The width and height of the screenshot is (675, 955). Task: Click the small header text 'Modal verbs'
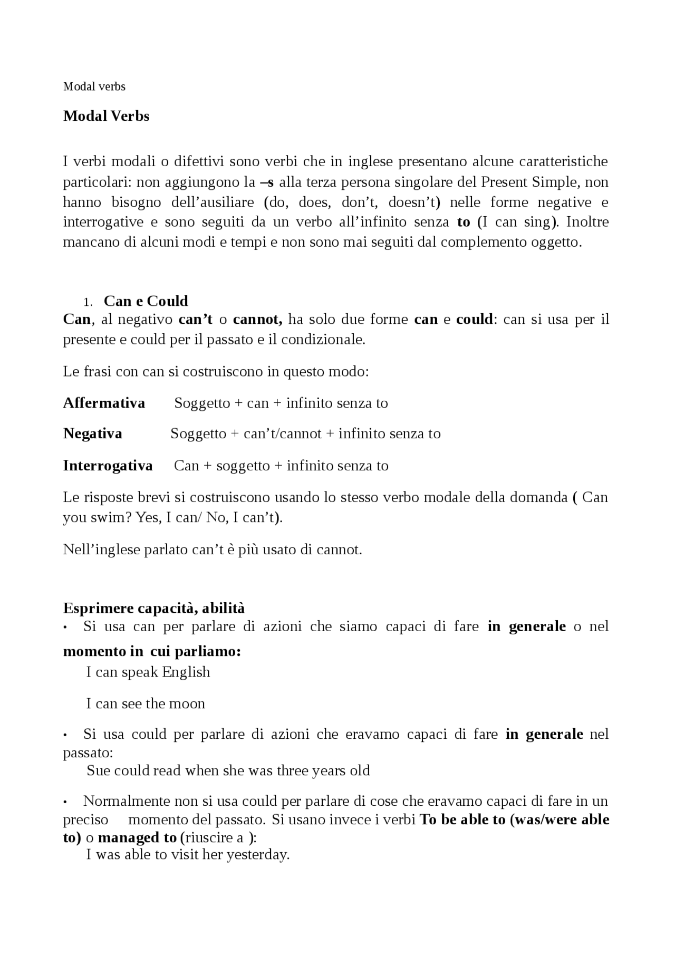click(94, 86)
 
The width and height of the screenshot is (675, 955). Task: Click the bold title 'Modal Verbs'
click(106, 116)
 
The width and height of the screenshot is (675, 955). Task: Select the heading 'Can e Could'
click(146, 301)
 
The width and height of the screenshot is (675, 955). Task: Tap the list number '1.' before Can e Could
click(88, 302)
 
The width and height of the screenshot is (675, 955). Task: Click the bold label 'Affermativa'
click(104, 403)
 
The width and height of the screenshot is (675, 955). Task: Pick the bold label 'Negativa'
click(92, 434)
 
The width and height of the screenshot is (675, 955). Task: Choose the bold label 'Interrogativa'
click(108, 466)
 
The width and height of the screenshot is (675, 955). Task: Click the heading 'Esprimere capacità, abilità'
click(153, 609)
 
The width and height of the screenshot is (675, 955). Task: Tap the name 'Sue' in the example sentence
click(98, 771)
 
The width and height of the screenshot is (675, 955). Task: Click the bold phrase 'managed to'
click(137, 838)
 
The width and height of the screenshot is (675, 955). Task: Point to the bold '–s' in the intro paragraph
click(267, 183)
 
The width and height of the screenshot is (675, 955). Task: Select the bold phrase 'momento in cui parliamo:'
click(152, 652)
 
